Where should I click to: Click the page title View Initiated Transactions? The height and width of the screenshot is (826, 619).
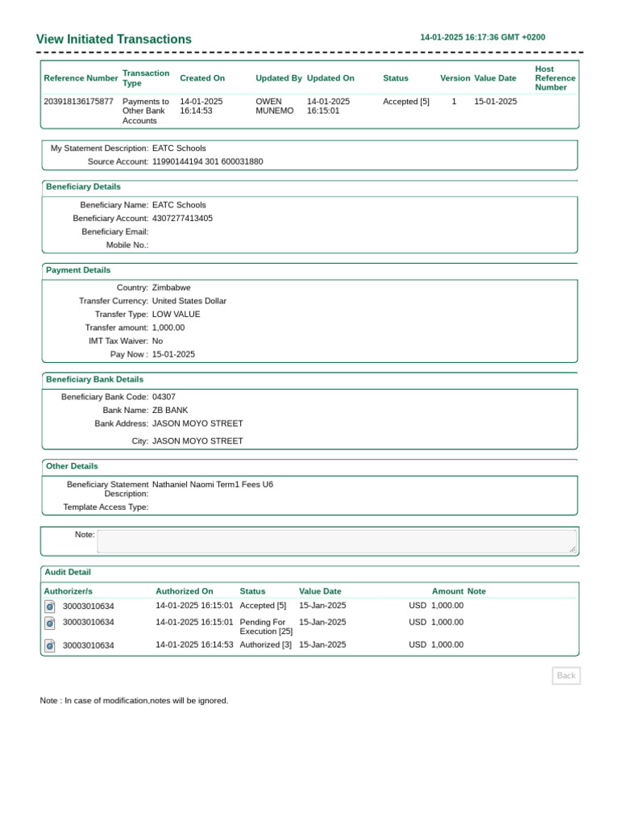[114, 40]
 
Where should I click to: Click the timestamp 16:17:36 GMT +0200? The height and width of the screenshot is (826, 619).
[483, 37]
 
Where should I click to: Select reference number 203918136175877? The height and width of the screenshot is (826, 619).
[78, 102]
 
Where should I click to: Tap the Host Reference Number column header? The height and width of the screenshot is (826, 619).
[555, 78]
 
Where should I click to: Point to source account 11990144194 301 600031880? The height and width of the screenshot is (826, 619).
[207, 161]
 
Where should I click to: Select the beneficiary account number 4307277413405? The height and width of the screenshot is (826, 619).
[182, 218]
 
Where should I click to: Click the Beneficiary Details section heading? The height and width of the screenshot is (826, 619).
[83, 186]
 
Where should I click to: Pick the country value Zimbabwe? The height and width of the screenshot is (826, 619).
[171, 287]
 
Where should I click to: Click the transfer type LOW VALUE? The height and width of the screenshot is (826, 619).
[176, 314]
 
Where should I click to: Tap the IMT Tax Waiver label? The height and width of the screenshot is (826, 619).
[118, 340]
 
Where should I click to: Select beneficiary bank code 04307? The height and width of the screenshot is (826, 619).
[164, 397]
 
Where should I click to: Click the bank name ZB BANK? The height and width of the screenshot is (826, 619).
[169, 410]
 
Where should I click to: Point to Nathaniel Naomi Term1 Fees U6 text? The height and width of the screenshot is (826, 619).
[212, 484]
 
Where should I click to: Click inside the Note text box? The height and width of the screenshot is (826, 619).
[337, 540]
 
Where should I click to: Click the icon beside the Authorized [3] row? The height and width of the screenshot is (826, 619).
[49, 645]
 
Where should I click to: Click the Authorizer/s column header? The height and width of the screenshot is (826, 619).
[68, 591]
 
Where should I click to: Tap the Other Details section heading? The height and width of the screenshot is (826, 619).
[72, 466]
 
